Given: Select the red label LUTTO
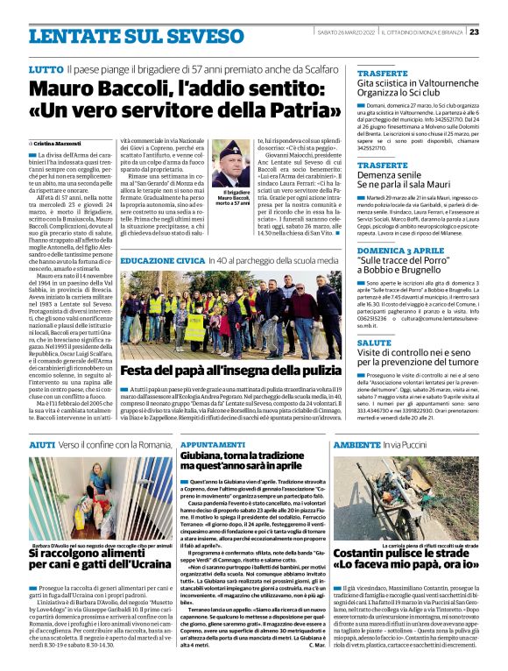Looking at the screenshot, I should click(45, 67).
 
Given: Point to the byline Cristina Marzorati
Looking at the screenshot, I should click(57, 142).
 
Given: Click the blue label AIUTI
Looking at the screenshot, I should click(42, 445).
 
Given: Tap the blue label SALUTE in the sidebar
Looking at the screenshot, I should click(375, 343).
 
